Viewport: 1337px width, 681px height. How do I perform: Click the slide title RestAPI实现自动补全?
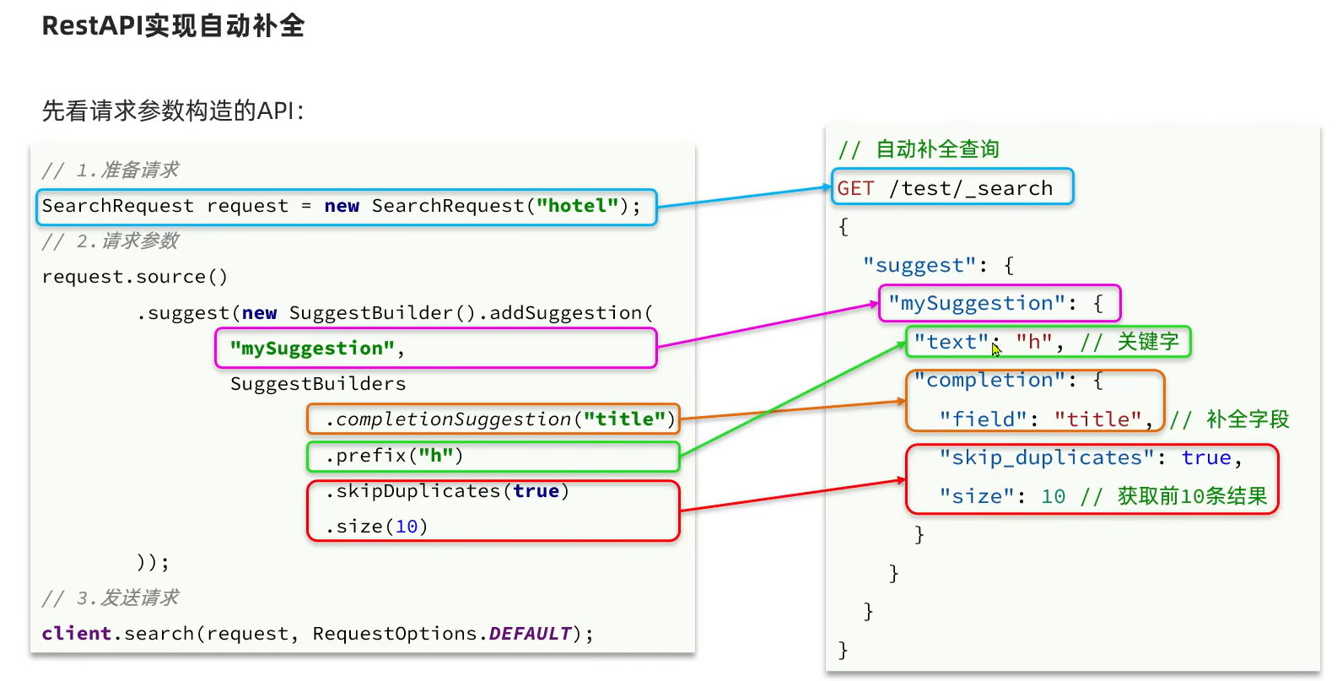(x=173, y=26)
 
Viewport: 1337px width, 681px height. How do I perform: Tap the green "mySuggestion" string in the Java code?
(x=312, y=349)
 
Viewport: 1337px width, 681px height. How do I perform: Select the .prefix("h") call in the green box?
(x=394, y=456)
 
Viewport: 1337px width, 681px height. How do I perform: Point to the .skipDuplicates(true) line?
(x=447, y=491)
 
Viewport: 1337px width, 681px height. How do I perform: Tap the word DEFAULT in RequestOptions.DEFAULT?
(x=530, y=634)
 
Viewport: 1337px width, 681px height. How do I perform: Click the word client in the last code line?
(x=77, y=634)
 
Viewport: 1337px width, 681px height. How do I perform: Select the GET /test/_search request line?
(x=945, y=188)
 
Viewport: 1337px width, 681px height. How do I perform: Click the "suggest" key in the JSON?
(x=919, y=265)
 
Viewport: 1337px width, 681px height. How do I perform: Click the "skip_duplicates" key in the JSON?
(x=1047, y=457)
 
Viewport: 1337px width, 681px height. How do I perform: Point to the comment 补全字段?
(x=1248, y=419)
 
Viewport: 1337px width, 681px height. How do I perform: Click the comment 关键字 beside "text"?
(x=1148, y=342)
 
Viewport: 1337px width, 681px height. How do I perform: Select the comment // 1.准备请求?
(x=111, y=170)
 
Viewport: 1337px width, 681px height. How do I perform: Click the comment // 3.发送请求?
(x=111, y=598)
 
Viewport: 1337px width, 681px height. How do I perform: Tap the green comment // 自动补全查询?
(x=919, y=149)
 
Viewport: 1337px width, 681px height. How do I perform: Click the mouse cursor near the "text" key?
(x=995, y=349)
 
